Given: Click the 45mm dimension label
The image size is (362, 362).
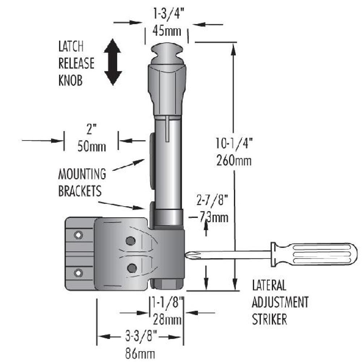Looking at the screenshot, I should coord(167,31).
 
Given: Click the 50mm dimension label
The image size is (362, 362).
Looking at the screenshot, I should coord(92,147).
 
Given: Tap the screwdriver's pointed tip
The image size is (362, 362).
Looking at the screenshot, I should coord(187,255).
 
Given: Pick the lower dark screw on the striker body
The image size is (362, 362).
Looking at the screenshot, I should coord(132,268).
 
